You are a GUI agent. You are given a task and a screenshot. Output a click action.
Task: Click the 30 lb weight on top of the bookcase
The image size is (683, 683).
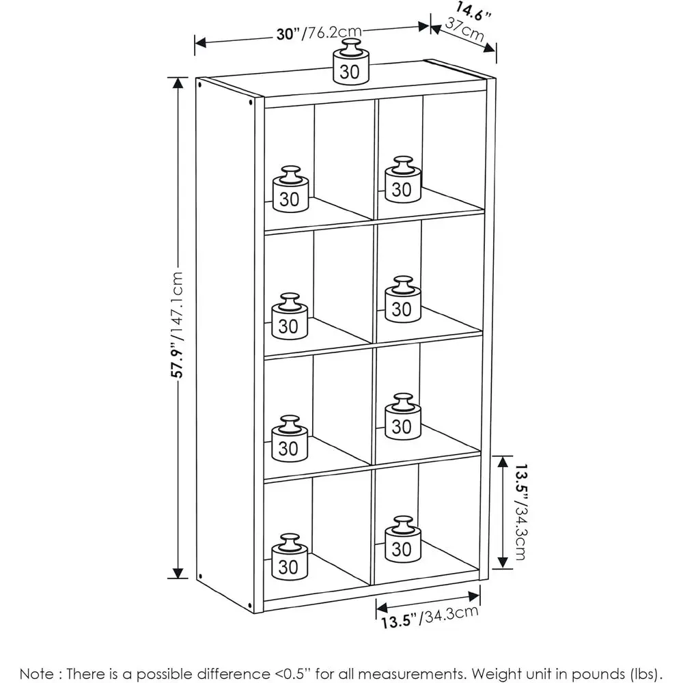(351, 61)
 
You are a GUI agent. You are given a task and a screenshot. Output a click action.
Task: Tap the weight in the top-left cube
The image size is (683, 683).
(290, 189)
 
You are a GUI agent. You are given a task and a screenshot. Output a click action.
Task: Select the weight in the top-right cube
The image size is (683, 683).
(403, 180)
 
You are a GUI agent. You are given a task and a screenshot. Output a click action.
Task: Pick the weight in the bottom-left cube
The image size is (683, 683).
(290, 557)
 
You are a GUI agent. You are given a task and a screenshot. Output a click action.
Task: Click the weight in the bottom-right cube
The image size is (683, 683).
(403, 540)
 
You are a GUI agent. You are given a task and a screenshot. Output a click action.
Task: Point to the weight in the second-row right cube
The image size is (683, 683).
(403, 299)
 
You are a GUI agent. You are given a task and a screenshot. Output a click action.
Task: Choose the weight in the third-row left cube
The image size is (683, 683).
(290, 438)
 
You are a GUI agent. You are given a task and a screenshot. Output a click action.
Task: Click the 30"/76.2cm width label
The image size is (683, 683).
(319, 33)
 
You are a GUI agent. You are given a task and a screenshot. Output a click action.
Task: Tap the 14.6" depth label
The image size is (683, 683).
(473, 12)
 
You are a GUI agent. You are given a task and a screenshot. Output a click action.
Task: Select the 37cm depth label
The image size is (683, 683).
(464, 29)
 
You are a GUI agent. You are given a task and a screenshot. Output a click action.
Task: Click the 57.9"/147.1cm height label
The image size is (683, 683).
(178, 324)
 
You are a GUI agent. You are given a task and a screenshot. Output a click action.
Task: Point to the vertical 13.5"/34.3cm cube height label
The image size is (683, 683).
(520, 512)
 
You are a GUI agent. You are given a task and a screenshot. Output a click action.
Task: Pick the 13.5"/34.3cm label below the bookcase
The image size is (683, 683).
(430, 617)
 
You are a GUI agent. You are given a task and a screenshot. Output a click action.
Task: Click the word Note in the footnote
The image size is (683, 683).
(37, 674)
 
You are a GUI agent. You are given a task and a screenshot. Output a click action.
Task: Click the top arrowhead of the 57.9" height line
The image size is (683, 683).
(178, 83)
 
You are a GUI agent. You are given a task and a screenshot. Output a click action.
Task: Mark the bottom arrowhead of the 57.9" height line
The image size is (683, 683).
(178, 573)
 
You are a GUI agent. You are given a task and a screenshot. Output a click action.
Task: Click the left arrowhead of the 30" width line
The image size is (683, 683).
(200, 42)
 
